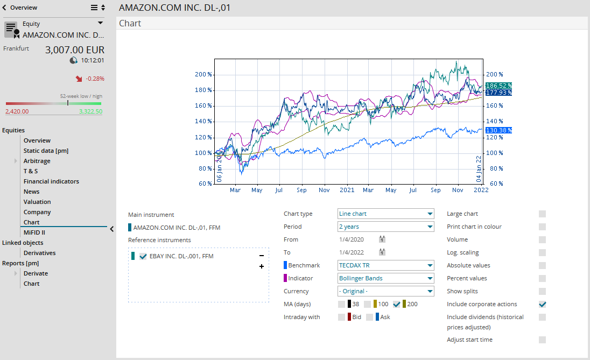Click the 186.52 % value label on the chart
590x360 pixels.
pos(498,86)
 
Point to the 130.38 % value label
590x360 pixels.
pos(498,130)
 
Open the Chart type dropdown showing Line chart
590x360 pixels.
pos(385,214)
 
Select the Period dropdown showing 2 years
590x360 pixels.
pos(385,227)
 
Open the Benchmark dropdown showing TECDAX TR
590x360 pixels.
pos(385,265)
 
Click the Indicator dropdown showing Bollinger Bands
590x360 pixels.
pos(385,278)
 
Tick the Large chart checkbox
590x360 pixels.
pos(542,214)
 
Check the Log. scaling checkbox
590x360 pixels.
pos(542,252)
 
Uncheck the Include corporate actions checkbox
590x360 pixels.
pos(542,304)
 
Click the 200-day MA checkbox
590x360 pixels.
pos(397,304)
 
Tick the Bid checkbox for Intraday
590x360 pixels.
pos(342,317)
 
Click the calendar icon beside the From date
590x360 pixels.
pos(382,239)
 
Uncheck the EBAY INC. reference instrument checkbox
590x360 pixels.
pos(143,256)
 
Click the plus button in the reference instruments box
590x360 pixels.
pos(262,266)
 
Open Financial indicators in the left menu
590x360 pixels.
pos(51,181)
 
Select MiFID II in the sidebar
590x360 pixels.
pos(34,232)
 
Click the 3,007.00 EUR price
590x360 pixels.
pos(74,50)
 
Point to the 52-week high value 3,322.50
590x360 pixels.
pos(90,111)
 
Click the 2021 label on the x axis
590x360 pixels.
pos(347,190)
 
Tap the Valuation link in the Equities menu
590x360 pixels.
pos(37,202)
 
